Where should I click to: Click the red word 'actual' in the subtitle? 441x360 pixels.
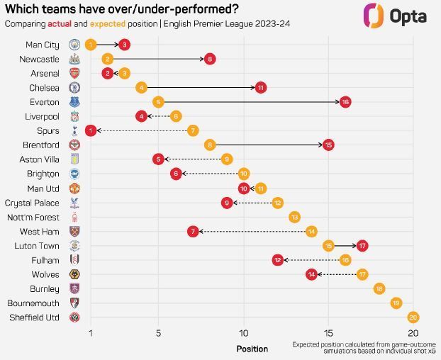point(70,24)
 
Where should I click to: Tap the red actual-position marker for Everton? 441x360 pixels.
point(345,102)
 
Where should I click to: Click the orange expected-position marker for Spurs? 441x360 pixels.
point(193,130)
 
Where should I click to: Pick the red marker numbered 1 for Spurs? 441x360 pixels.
point(91,130)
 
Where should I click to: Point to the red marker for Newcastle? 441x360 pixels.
point(210,59)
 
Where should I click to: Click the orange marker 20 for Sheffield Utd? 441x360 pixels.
point(413,317)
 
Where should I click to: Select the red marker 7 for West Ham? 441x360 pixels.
point(193,231)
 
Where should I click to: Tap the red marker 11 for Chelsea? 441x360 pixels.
point(261,87)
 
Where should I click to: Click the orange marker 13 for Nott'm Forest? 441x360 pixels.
point(294,217)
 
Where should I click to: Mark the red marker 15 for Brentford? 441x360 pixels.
point(328,145)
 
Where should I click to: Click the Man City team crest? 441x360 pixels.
point(74,45)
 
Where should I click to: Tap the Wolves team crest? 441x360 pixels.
point(74,274)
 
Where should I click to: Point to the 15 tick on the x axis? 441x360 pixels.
point(328,334)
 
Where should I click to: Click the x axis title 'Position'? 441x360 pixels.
point(252,349)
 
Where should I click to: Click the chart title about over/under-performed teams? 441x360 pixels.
point(122,9)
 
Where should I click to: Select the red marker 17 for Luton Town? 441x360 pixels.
point(362,245)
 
